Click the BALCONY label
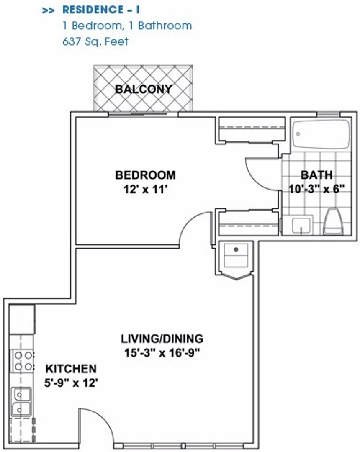click(144, 89)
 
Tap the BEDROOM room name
click(145, 175)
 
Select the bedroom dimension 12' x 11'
click(146, 190)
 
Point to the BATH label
click(316, 175)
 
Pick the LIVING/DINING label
click(162, 339)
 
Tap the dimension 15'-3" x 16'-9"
click(162, 352)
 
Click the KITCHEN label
click(71, 369)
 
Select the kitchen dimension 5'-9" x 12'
click(71, 383)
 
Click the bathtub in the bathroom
click(321, 134)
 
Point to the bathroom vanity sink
click(301, 225)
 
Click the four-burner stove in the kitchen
click(23, 361)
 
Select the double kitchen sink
click(21, 402)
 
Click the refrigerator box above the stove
click(22, 319)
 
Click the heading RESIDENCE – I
click(101, 10)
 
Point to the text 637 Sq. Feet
click(95, 41)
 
